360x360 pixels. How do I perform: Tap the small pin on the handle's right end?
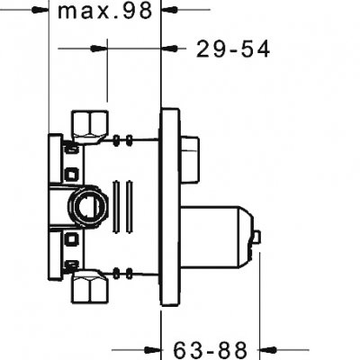pos(258,238)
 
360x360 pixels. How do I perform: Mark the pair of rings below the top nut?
pos(127,139)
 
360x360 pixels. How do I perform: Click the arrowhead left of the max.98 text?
pos(38,12)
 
